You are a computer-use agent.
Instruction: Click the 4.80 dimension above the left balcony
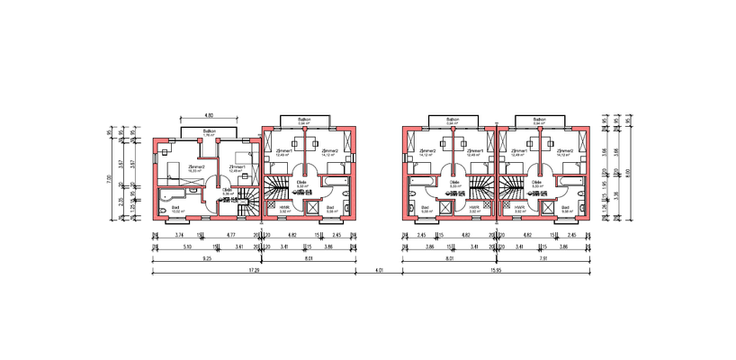coord(209,116)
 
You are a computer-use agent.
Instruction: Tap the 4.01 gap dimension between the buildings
coord(379,270)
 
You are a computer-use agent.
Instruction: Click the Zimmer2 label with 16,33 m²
coord(193,168)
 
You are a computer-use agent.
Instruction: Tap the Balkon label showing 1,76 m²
coord(209,133)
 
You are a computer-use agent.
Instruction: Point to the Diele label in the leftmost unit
coord(228,191)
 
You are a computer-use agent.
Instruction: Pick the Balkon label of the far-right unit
coord(541,120)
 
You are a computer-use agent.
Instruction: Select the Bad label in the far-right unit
coord(565,209)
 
